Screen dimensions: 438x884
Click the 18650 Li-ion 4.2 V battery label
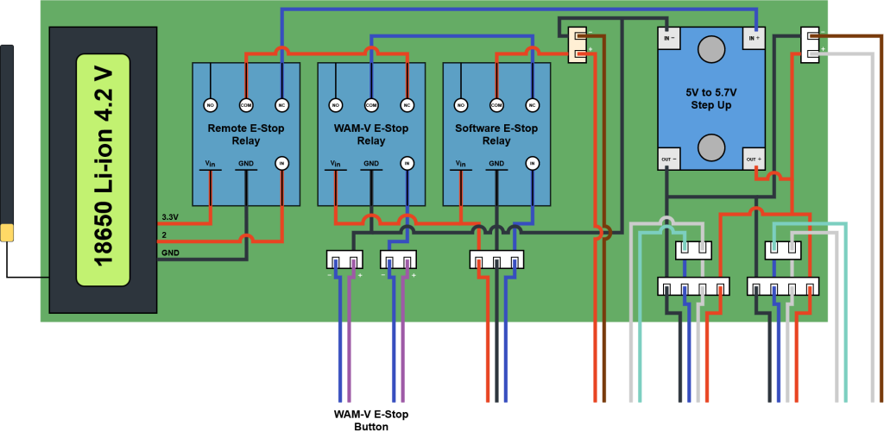pyautogui.click(x=103, y=170)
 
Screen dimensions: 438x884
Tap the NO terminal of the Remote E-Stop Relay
pyautogui.click(x=210, y=105)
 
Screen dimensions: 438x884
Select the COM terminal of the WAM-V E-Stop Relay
pyautogui.click(x=371, y=105)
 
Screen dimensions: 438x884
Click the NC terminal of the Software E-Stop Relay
pyautogui.click(x=532, y=105)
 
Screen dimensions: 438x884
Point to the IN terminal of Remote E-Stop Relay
pyautogui.click(x=281, y=164)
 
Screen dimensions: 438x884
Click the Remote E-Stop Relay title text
pyautogui.click(x=246, y=135)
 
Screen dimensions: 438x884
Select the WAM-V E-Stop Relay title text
pyautogui.click(x=371, y=135)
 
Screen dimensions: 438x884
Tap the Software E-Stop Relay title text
pyautogui.click(x=496, y=135)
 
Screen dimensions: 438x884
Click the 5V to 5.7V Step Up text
pyautogui.click(x=710, y=98)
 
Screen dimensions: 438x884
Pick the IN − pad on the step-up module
pyautogui.click(x=668, y=38)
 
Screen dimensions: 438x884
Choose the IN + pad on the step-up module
pyautogui.click(x=754, y=38)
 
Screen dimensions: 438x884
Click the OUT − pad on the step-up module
pyautogui.click(x=668, y=160)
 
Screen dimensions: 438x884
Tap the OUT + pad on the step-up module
pyautogui.click(x=754, y=160)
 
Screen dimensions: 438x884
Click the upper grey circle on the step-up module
pyautogui.click(x=711, y=49)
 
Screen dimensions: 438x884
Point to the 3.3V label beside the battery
pyautogui.click(x=170, y=217)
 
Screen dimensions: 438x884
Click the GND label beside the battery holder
pyautogui.click(x=171, y=253)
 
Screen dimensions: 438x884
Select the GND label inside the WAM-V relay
pyautogui.click(x=371, y=164)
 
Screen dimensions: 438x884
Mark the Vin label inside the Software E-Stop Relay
pyautogui.click(x=460, y=164)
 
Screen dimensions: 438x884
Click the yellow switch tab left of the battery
pyautogui.click(x=7, y=233)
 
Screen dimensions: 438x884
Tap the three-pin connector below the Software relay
pyautogui.click(x=496, y=260)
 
